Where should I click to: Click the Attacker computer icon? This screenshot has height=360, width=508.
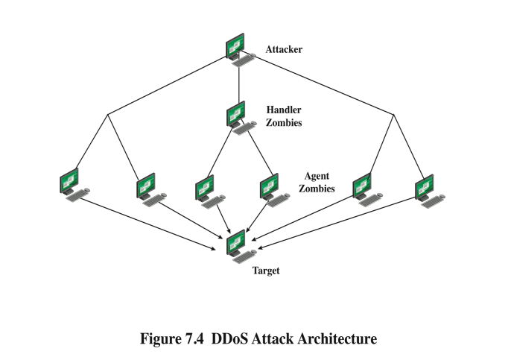238,47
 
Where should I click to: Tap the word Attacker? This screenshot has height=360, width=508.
284,50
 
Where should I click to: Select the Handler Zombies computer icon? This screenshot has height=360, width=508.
238,116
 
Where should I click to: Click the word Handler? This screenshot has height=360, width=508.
284,110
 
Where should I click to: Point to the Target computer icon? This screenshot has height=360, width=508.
238,244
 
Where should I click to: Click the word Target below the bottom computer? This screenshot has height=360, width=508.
266,271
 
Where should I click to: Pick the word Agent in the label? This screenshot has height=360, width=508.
317,177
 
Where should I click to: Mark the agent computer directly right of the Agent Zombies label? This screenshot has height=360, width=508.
363,187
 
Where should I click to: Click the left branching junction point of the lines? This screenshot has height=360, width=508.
108,114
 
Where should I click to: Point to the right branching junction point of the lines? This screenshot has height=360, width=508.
393,114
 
